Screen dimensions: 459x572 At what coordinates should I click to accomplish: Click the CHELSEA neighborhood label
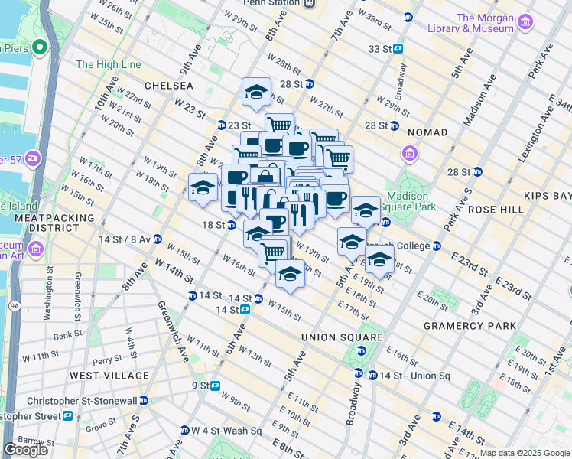(166, 86)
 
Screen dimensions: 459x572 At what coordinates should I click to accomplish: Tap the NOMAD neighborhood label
(427, 132)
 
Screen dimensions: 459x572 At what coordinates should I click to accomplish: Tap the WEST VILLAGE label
(109, 376)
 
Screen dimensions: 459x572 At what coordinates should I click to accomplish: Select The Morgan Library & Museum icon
(525, 23)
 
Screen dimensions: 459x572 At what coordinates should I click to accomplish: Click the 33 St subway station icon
(398, 48)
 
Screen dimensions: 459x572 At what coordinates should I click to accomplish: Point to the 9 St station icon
(216, 386)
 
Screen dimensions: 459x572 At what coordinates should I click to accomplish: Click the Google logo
(26, 450)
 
